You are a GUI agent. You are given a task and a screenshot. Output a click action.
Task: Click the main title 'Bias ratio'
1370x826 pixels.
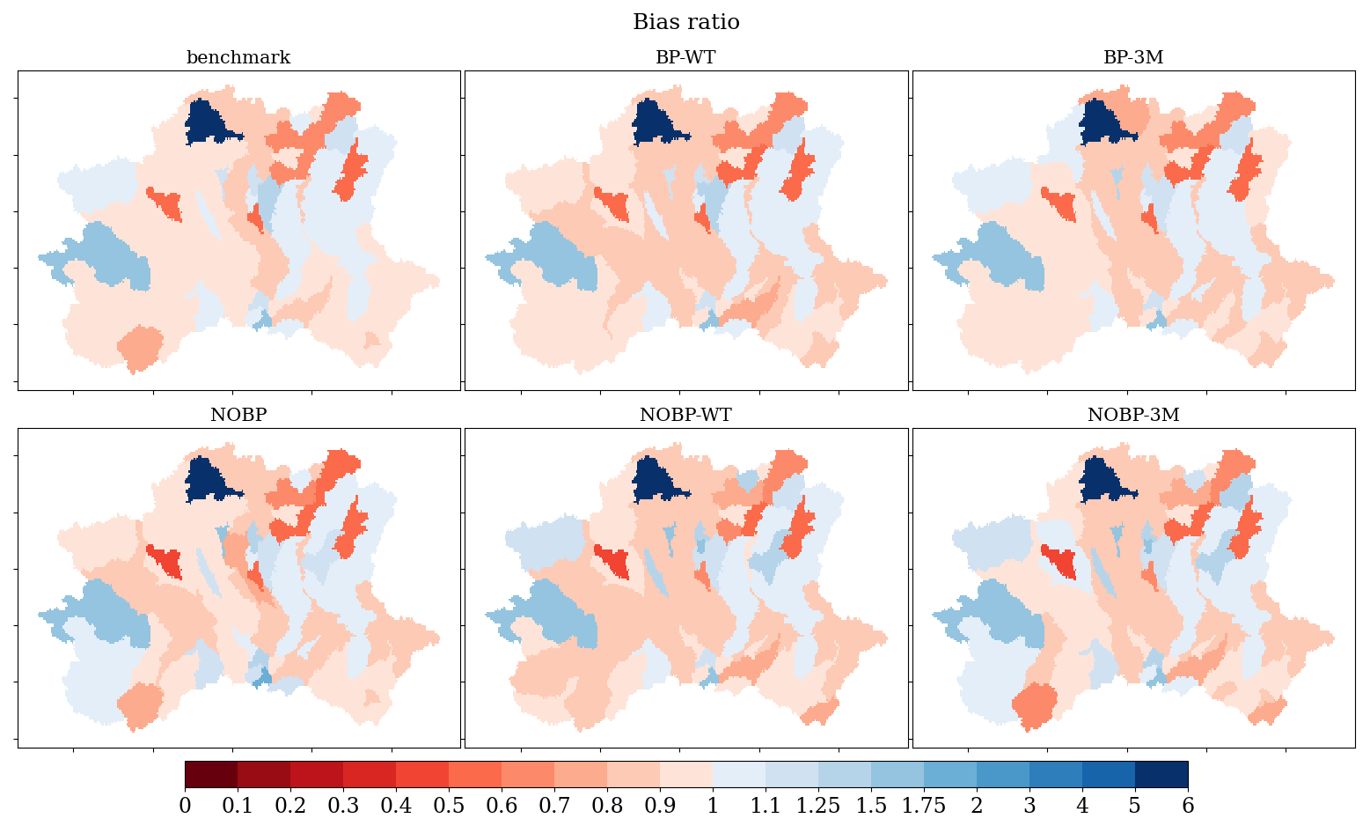point(685,22)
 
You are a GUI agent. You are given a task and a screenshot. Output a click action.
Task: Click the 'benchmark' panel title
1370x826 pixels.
point(238,57)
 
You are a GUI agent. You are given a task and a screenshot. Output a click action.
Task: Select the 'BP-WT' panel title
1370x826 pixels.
point(685,57)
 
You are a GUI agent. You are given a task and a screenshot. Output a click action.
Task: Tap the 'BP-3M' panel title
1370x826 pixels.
point(1133,57)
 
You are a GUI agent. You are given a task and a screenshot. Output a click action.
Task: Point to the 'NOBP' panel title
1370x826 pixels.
point(238,415)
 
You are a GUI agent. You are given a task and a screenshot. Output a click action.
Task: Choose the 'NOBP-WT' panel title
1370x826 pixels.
point(685,415)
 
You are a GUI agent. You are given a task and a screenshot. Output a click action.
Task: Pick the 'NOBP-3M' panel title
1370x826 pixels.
point(1133,415)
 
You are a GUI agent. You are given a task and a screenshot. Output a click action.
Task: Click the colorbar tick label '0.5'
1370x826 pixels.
point(449,806)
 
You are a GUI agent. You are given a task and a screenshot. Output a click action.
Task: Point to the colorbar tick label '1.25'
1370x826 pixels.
point(817,806)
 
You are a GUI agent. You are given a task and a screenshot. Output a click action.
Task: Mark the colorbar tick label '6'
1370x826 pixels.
point(1188,806)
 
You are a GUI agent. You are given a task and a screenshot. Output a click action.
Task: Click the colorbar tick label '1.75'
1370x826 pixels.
point(924,806)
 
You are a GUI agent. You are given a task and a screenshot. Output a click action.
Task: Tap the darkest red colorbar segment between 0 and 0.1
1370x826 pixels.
point(211,775)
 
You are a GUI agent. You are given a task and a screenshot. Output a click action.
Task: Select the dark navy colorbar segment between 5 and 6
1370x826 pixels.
point(1161,775)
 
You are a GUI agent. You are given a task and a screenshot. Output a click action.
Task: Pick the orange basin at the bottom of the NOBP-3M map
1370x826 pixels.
point(1034,705)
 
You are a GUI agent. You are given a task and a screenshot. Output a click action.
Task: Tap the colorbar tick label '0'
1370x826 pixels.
point(185,806)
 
